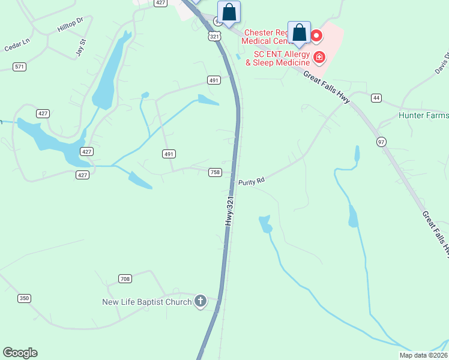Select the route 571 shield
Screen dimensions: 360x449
tap(20, 67)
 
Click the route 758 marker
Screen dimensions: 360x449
tap(215, 172)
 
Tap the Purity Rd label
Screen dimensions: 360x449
tap(252, 181)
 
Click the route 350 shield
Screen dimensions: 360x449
tap(24, 298)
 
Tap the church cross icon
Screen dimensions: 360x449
tap(200, 301)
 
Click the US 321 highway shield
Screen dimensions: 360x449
tap(215, 37)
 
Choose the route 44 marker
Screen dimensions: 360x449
tap(376, 97)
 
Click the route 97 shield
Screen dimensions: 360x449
tap(382, 141)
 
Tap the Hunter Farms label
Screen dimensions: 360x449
tap(424, 115)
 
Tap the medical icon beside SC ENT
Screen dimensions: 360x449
tap(320, 58)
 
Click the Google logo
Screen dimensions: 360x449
tap(20, 353)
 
